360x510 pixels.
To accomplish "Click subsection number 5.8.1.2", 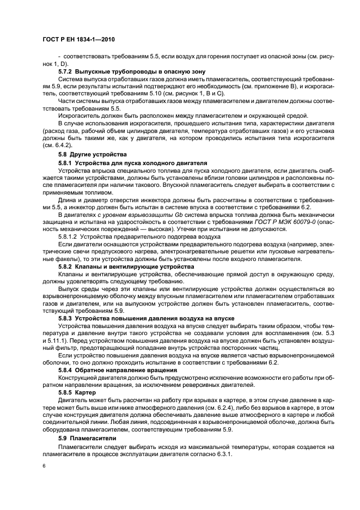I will pyautogui.click(x=70, y=237).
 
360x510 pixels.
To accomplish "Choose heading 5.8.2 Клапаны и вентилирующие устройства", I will pyautogui.click(x=126, y=267).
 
